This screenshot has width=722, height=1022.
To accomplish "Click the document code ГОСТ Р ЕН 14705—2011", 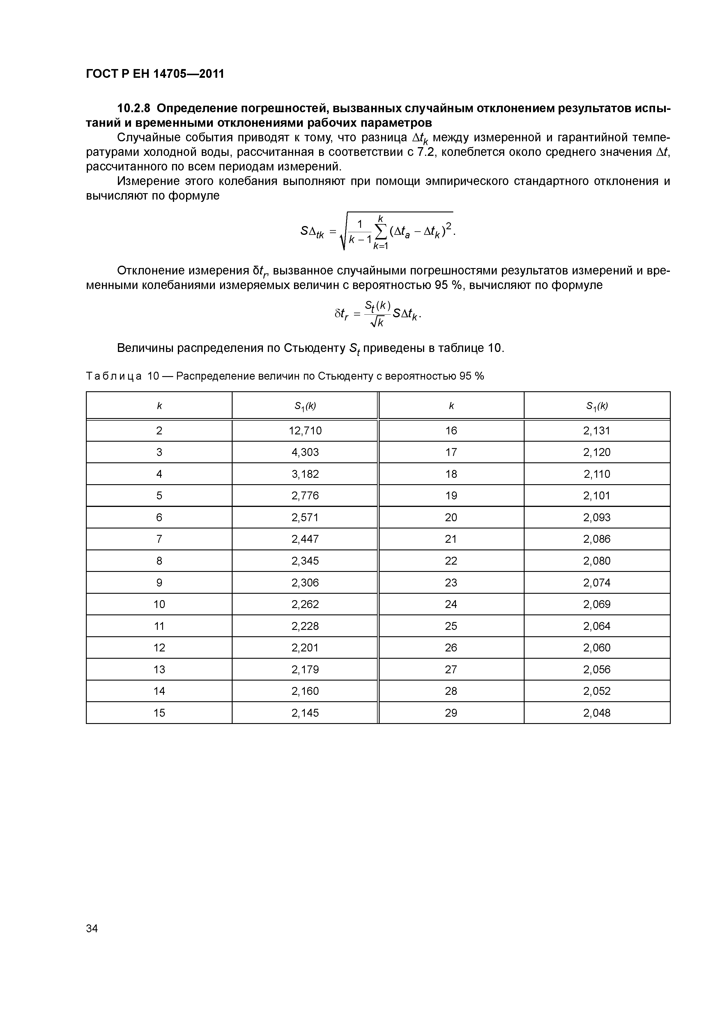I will (155, 73).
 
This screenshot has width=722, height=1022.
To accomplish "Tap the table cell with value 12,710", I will (305, 430).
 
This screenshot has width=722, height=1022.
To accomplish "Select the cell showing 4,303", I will (305, 452).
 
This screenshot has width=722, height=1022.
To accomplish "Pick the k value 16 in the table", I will (451, 430).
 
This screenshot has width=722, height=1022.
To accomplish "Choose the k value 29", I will (451, 713).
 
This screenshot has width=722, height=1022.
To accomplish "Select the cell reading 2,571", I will (305, 517).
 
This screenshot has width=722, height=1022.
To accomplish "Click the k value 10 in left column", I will (159, 604).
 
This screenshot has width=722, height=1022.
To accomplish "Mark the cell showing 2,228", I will (305, 626).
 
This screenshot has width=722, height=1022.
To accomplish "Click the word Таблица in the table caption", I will (114, 376).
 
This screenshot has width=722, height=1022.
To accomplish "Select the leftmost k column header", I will (159, 406).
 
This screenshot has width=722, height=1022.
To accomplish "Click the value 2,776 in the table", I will (305, 496).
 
